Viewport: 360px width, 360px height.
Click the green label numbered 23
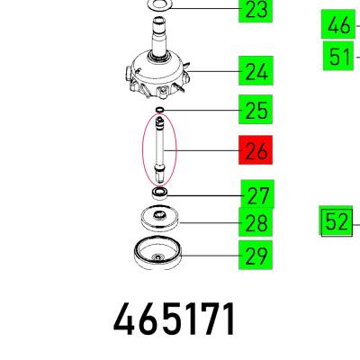pyautogui.click(x=256, y=11)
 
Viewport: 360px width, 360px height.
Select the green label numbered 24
pyautogui.click(x=256, y=70)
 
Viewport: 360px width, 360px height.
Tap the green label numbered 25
pyautogui.click(x=256, y=110)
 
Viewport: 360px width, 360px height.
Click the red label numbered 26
pyautogui.click(x=256, y=150)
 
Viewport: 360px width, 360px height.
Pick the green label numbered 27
pyautogui.click(x=257, y=194)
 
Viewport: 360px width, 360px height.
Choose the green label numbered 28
pyautogui.click(x=256, y=222)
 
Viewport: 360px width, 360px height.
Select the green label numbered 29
pyautogui.click(x=256, y=255)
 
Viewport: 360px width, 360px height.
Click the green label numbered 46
pyautogui.click(x=338, y=24)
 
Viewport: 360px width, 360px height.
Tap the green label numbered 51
pyautogui.click(x=338, y=56)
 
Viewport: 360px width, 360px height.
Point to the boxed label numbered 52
pyautogui.click(x=336, y=220)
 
